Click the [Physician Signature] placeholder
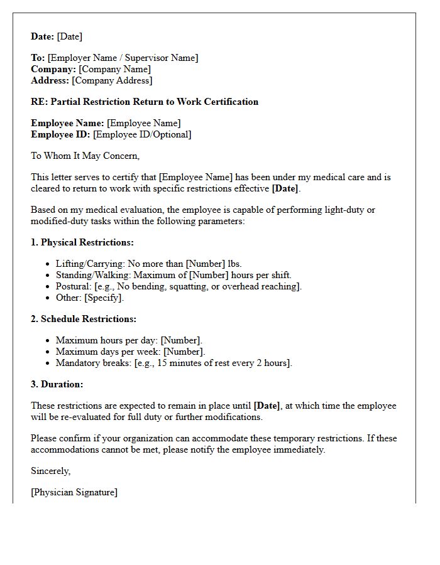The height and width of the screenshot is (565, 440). [74, 492]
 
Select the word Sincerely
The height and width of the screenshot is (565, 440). [51, 471]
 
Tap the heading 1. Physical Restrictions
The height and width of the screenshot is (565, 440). [82, 242]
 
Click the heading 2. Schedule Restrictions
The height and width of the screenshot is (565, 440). [84, 319]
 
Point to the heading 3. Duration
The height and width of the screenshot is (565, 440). [57, 384]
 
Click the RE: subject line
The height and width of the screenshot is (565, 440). [145, 102]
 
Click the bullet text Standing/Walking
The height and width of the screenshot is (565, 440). [92, 275]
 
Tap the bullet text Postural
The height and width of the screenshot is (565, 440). [74, 286]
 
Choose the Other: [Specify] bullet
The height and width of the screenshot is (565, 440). [90, 298]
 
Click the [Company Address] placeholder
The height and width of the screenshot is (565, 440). [112, 80]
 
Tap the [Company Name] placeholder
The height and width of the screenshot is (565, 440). [114, 69]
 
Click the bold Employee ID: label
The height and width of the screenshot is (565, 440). [60, 134]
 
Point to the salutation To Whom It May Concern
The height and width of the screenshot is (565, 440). [85, 156]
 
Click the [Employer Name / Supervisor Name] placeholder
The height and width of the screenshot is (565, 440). [123, 58]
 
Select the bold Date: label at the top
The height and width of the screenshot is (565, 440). [43, 36]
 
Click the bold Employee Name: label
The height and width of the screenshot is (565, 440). [67, 123]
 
